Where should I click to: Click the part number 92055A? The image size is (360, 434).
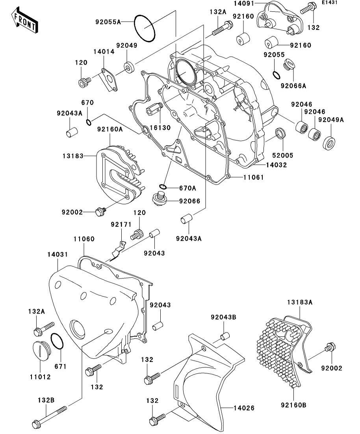pos(108,22)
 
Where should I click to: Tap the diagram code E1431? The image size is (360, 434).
pos(330,3)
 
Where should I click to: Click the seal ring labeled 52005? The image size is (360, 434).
pos(280,133)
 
